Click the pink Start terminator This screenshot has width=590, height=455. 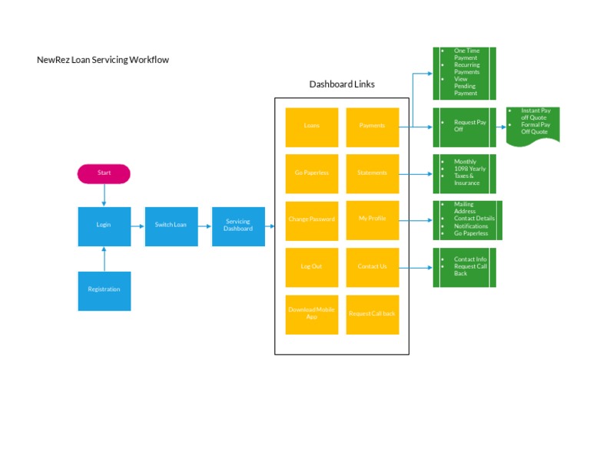click(x=104, y=173)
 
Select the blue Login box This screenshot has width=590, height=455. click(x=104, y=226)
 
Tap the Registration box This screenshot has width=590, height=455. click(x=104, y=290)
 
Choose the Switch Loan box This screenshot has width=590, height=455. click(x=171, y=226)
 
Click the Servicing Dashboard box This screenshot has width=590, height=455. click(x=238, y=226)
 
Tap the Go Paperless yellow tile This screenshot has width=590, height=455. click(x=311, y=173)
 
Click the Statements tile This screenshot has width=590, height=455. click(x=372, y=173)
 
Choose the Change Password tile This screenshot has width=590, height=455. click(x=311, y=220)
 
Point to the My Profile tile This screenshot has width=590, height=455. click(x=372, y=220)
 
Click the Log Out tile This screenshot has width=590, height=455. click(x=311, y=267)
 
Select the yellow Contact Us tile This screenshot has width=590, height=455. click(x=372, y=267)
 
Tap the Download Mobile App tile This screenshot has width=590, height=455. click(x=311, y=314)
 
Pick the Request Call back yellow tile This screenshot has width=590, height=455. click(x=372, y=314)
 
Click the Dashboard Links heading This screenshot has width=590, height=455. click(x=342, y=84)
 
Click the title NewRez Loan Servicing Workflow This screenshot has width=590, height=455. click(x=103, y=60)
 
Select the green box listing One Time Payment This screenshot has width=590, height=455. click(x=464, y=73)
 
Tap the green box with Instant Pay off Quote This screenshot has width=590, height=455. click(x=533, y=124)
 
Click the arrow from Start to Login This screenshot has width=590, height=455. click(x=104, y=195)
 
